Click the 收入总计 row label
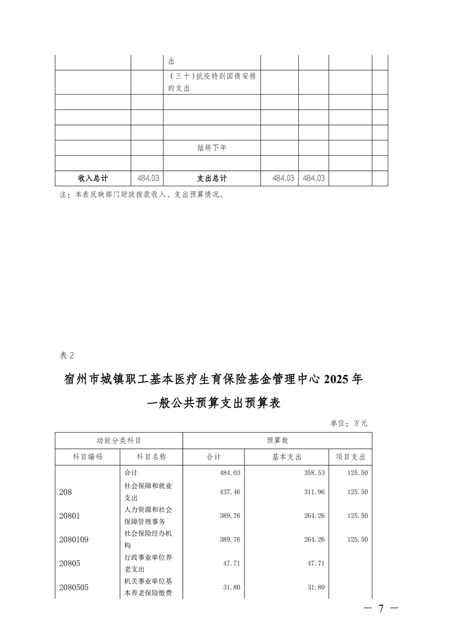(x=93, y=178)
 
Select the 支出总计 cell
(x=211, y=178)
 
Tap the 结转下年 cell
(x=211, y=148)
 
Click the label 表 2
(x=67, y=355)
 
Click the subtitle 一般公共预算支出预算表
(x=214, y=403)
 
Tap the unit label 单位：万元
(x=349, y=423)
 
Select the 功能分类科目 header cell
(x=119, y=441)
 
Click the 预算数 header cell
(x=277, y=441)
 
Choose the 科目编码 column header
(x=87, y=457)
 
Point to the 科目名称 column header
(x=151, y=457)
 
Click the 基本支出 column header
(x=286, y=457)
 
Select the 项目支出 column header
(x=350, y=457)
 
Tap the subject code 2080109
(x=73, y=539)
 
